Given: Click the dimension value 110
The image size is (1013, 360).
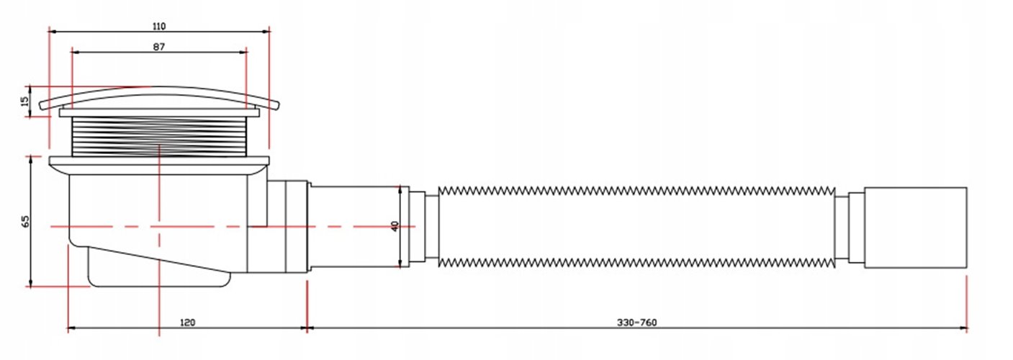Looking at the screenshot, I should [159, 27].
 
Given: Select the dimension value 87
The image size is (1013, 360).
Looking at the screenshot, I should [159, 47].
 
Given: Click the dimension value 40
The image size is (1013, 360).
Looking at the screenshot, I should [394, 226].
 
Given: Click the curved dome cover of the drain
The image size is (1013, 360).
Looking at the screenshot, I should [158, 96].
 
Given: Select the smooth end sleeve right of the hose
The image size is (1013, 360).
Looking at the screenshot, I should [914, 227].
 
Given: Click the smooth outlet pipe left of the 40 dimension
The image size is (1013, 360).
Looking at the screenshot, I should [353, 226].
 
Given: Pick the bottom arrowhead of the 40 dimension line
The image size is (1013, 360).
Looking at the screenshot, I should [400, 264].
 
